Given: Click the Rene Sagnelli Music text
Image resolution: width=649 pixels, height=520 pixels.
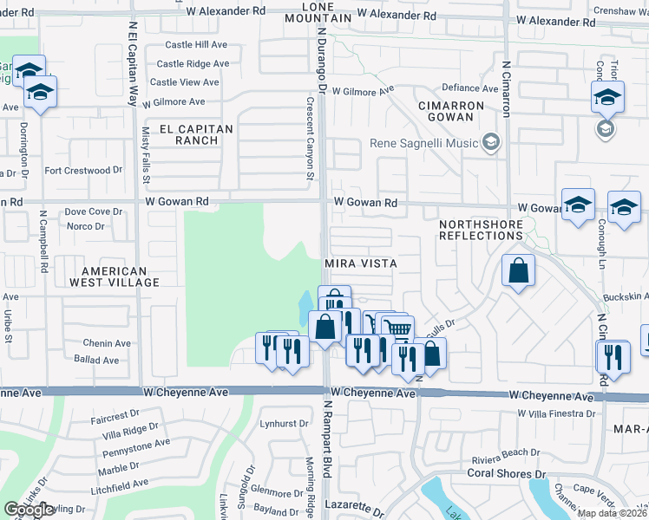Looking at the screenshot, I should (424, 143).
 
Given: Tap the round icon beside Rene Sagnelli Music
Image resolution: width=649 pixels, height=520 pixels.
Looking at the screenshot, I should (491, 142).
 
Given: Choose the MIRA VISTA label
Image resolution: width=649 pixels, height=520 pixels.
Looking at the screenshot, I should (361, 263).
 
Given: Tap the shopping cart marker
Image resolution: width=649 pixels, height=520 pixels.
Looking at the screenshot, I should (397, 329).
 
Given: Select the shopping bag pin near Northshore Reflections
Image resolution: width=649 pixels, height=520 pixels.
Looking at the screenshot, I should (518, 270).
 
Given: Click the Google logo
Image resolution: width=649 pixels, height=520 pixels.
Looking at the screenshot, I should (29, 510).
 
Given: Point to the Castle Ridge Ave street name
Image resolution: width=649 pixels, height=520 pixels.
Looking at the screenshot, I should (193, 63).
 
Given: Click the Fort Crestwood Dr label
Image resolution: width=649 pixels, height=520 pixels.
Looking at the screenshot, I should (78, 171).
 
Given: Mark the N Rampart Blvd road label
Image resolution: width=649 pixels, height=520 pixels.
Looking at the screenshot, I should (328, 439).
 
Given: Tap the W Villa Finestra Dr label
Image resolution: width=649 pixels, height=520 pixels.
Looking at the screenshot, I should (556, 413).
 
